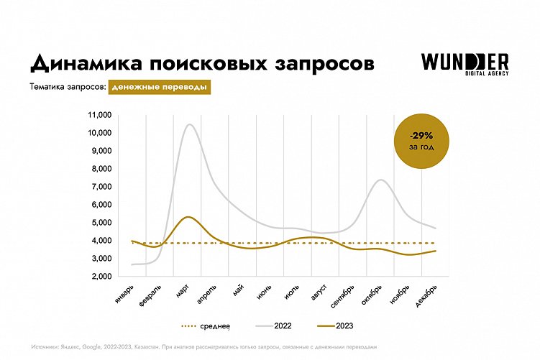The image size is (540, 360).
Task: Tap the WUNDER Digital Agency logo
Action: click(x=465, y=63)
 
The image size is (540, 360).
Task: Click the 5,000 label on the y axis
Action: click(x=99, y=223)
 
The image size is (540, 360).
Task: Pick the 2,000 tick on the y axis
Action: click(x=99, y=277)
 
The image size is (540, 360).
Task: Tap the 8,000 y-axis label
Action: click(x=99, y=169)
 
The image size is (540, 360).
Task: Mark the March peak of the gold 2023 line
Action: click(x=188, y=216)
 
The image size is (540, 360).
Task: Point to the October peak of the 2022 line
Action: click(x=381, y=180)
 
